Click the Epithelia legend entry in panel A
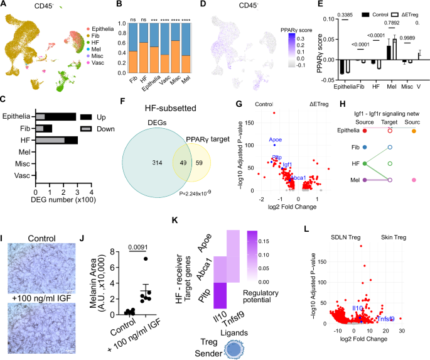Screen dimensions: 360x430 click(100, 30)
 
